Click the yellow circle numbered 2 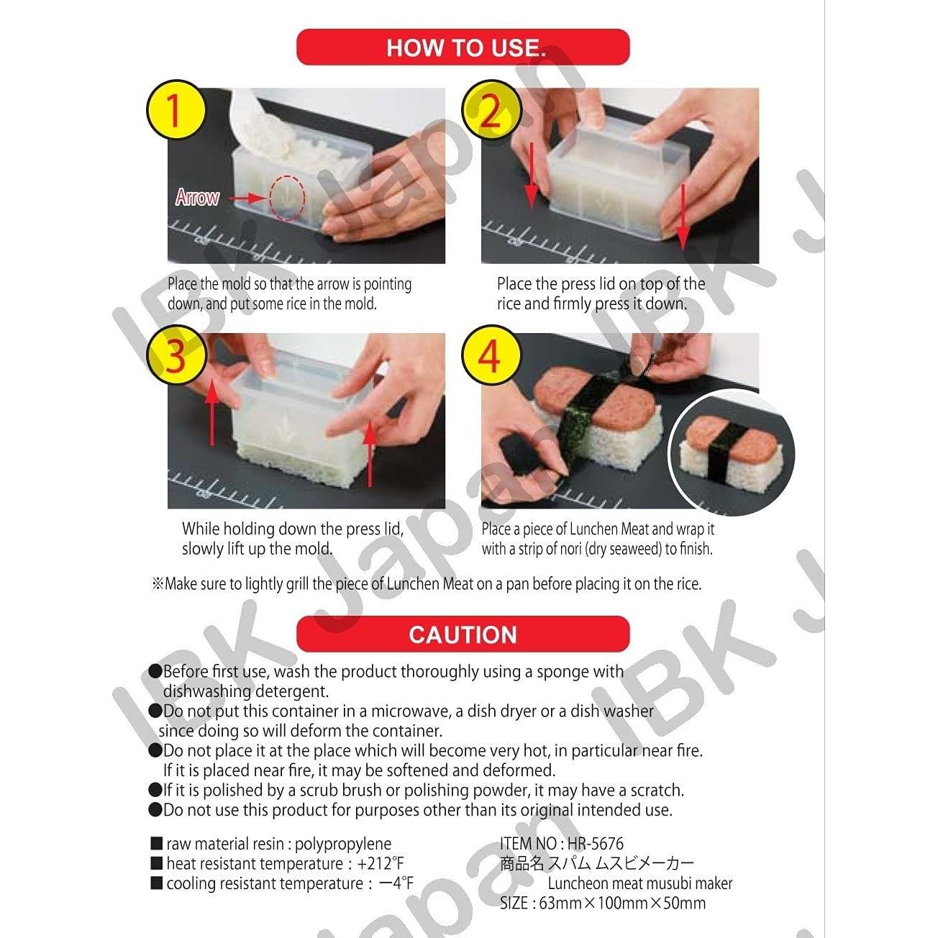(491, 111)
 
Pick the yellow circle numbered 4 (491, 356)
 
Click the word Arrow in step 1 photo (197, 197)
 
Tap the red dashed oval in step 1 (288, 197)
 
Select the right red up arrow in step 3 (370, 453)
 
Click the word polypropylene (343, 844)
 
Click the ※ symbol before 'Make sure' (158, 584)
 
